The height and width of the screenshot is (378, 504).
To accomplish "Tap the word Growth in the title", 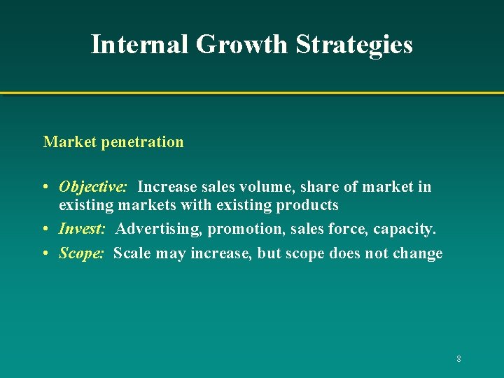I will pyautogui.click(x=242, y=44).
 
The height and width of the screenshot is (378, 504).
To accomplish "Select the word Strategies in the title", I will pyautogui.click(x=354, y=44).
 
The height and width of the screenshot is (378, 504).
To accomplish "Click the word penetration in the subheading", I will pyautogui.click(x=143, y=142).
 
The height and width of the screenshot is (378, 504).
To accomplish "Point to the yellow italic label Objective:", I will pyautogui.click(x=92, y=187).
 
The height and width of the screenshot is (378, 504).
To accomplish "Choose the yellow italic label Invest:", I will pyautogui.click(x=82, y=229).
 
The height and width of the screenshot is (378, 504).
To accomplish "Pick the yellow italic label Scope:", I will pyautogui.click(x=81, y=253).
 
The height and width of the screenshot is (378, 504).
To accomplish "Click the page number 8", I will pyautogui.click(x=458, y=359).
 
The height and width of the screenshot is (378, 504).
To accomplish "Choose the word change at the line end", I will pyautogui.click(x=417, y=253).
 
